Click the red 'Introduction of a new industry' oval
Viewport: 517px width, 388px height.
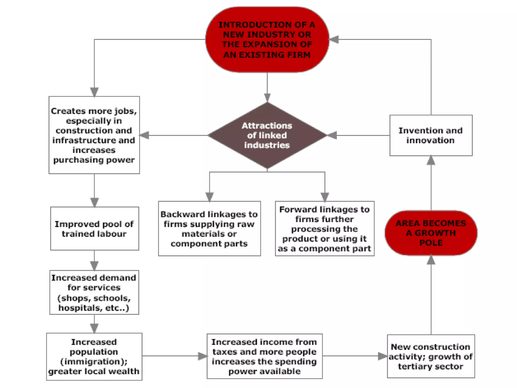(x=267, y=40)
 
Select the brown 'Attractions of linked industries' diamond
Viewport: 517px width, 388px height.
(x=267, y=135)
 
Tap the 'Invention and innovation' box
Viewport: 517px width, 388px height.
(x=431, y=135)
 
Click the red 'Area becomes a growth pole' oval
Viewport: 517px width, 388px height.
(x=431, y=233)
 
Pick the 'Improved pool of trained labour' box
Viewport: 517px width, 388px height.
(x=94, y=229)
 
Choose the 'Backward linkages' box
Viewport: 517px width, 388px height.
(x=209, y=229)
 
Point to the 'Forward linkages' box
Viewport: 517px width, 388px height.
(x=325, y=229)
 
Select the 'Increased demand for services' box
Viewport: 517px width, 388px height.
(x=94, y=293)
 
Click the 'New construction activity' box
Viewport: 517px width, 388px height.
(x=431, y=356)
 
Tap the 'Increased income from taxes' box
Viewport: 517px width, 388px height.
(x=264, y=356)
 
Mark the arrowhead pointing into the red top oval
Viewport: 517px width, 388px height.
(x=334, y=40)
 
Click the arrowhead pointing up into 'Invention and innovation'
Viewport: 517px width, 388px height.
(x=431, y=160)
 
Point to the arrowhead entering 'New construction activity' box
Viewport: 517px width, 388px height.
(x=382, y=356)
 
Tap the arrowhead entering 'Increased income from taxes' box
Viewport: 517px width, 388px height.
(x=202, y=356)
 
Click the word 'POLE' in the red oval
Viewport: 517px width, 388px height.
(x=431, y=243)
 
